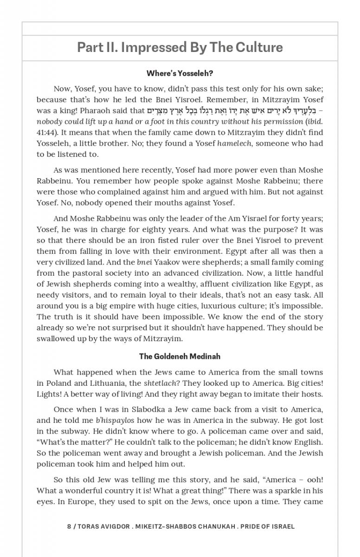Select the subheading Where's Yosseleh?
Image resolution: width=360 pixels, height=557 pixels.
[x=180, y=73]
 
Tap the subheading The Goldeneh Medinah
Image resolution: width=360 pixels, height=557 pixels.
[x=180, y=356]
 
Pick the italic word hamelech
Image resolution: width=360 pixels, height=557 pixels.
[x=234, y=143]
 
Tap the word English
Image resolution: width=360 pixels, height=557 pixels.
[x=309, y=442]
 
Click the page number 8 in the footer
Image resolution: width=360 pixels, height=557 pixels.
[x=69, y=526]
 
